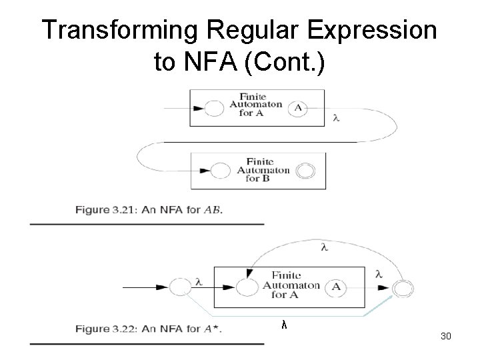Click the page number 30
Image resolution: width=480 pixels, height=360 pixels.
446,336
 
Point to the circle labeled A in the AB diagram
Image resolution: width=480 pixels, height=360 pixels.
297,108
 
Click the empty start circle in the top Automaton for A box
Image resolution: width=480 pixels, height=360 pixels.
215,109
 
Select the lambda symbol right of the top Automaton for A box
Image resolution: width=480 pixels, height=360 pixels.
336,118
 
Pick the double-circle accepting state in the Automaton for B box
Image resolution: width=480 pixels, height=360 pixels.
305,171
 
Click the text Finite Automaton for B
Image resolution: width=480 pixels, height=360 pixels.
263,170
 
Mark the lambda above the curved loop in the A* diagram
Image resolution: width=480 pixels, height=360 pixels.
324,247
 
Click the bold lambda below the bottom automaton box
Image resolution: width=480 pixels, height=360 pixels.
283,325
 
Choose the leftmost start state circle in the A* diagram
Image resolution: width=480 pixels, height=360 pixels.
179,287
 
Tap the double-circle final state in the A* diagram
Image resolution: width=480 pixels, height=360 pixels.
403,288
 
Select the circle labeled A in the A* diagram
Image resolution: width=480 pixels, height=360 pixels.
337,287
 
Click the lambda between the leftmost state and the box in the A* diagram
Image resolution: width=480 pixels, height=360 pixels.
198,282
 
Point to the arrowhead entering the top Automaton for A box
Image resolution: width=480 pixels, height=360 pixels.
198,109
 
